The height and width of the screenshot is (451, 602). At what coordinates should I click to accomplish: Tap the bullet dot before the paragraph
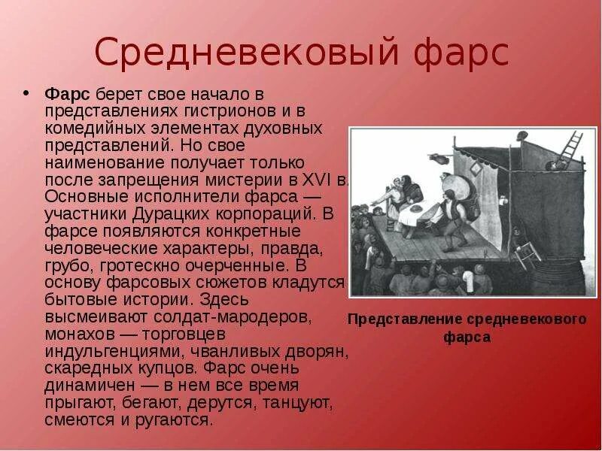26,94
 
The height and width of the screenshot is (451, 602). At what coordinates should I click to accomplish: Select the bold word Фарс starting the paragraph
68,94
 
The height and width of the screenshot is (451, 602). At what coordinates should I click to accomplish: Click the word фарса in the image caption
467,337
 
